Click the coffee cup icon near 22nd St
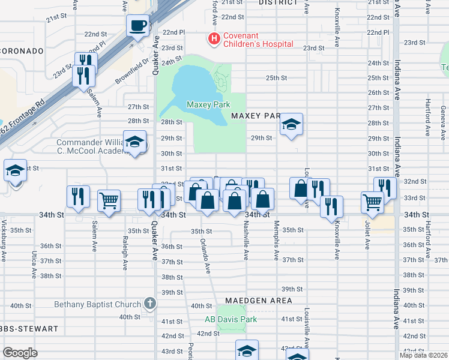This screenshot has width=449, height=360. [138, 26]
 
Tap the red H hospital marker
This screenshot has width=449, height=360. [213, 39]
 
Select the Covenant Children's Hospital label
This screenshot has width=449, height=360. [258, 40]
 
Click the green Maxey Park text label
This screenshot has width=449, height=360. [208, 105]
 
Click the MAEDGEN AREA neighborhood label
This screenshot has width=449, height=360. [259, 300]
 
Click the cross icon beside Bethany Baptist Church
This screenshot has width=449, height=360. [150, 304]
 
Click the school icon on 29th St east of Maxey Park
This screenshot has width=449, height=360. [291, 125]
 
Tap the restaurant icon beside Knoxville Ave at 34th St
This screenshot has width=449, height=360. [331, 206]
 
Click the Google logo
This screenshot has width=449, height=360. [20, 353]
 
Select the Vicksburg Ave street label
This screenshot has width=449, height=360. [4, 245]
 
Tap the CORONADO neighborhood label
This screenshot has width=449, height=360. [22, 51]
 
